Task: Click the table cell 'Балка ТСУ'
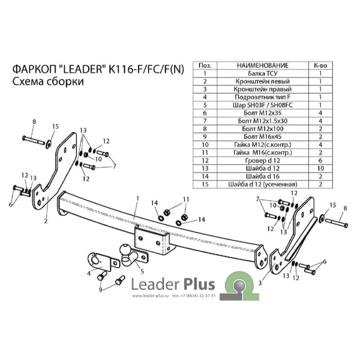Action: pyautogui.click(x=263, y=73)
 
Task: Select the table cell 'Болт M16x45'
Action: pyautogui.click(x=263, y=137)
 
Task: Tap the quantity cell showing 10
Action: pyautogui.click(x=320, y=168)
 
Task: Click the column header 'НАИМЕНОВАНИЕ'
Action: pyautogui.click(x=263, y=66)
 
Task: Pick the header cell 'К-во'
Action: pyautogui.click(x=320, y=66)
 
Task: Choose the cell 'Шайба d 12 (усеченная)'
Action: pyautogui.click(x=263, y=184)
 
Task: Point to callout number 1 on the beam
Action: pyautogui.click(x=138, y=198)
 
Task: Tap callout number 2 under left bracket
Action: pyautogui.click(x=46, y=221)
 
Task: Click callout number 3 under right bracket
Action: pyautogui.click(x=260, y=283)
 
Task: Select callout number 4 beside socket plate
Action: pyautogui.click(x=89, y=274)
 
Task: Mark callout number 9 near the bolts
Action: pyautogui.click(x=100, y=290)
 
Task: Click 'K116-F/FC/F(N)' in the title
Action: pyautogui.click(x=146, y=69)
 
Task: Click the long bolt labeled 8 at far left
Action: pyautogui.click(x=33, y=140)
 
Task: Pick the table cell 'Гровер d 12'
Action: pyautogui.click(x=263, y=161)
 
